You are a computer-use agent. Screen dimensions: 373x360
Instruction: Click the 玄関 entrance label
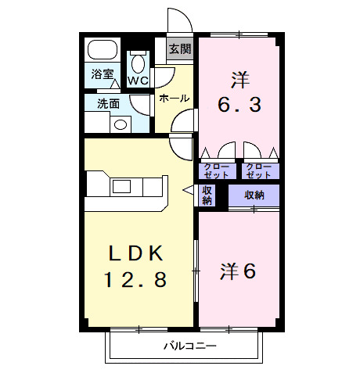pyautogui.click(x=180, y=49)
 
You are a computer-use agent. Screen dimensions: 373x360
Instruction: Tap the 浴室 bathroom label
pyautogui.click(x=102, y=76)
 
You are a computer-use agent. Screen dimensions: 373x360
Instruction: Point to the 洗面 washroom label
pyautogui.click(x=108, y=103)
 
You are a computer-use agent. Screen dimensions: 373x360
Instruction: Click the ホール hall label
pyautogui.click(x=173, y=98)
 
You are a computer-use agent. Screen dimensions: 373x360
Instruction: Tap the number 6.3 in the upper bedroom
pyautogui.click(x=239, y=104)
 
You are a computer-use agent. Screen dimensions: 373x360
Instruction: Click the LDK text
pyautogui.click(x=136, y=253)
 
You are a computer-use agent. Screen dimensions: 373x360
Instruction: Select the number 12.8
pyautogui.click(x=136, y=279)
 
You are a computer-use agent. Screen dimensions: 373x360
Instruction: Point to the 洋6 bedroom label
pyautogui.click(x=238, y=271)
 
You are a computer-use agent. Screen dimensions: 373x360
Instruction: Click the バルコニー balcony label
pyautogui.click(x=190, y=346)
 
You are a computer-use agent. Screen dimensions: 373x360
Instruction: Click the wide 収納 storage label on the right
pyautogui.click(x=254, y=195)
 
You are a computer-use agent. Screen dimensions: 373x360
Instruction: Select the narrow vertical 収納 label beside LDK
pyautogui.click(x=207, y=195)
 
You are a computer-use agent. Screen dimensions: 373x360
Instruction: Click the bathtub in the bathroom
pyautogui.click(x=102, y=51)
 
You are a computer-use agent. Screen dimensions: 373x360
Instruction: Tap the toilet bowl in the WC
pyautogui.click(x=139, y=63)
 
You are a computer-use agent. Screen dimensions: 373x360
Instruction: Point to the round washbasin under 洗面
pyautogui.click(x=121, y=123)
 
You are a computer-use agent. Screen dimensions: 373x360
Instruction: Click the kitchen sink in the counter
pyautogui.click(x=122, y=186)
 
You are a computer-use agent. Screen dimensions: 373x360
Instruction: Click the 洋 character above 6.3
pyautogui.click(x=239, y=78)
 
